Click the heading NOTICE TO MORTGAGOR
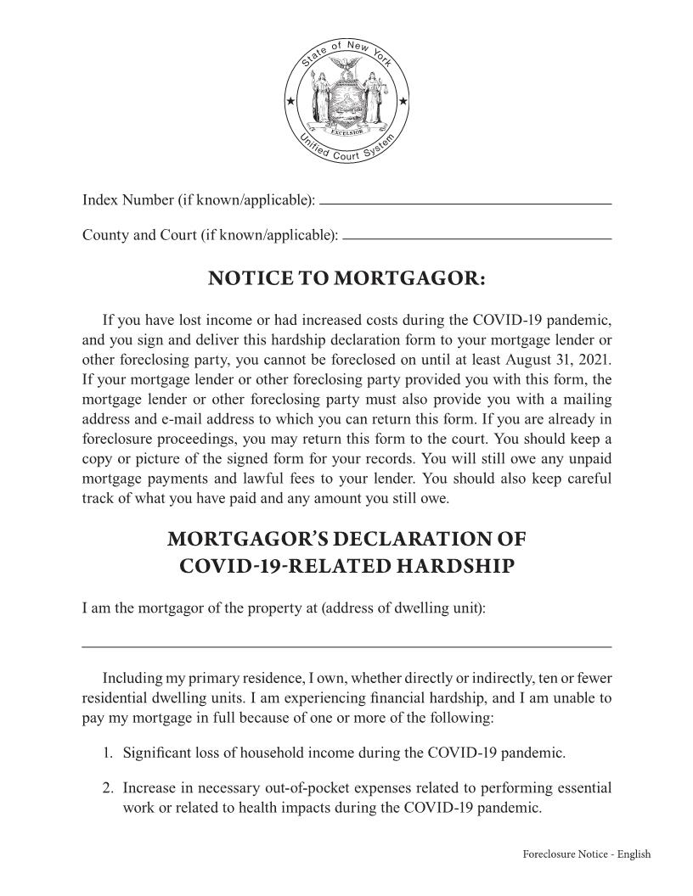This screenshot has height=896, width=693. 346,279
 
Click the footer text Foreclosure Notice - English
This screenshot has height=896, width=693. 586,854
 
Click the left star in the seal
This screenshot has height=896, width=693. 290,103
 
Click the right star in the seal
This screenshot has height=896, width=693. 403,103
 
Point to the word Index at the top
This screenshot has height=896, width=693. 99,200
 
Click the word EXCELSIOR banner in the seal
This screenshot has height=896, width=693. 346,132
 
